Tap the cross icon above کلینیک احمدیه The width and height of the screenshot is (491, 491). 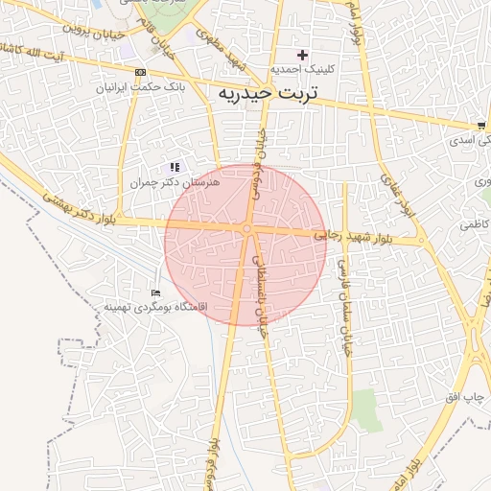[303, 55]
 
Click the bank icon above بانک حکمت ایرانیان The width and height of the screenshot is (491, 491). [141, 73]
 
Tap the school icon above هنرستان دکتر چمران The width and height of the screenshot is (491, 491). [175, 167]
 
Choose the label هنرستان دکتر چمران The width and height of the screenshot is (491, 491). [175, 181]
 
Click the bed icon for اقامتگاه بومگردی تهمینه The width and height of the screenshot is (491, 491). [156, 292]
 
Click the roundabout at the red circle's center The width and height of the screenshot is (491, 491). [247, 228]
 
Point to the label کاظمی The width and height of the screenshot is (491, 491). [473, 223]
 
